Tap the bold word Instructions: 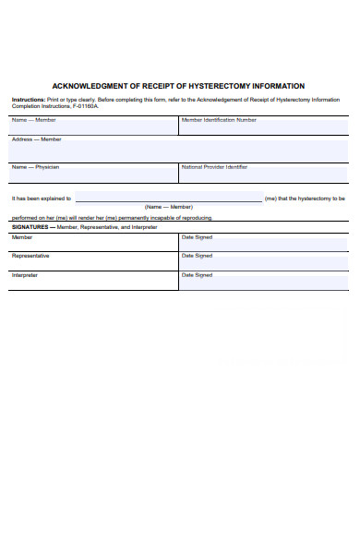28,99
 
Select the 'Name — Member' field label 33,120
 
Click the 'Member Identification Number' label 219,120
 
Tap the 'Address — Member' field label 36,139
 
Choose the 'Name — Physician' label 35,167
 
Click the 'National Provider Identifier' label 214,167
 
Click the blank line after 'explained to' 168,199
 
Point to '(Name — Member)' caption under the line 168,207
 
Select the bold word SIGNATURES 32,227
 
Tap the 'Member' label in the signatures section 21,237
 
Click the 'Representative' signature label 30,256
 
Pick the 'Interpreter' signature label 25,275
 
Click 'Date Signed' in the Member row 197,237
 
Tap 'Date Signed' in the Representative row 197,256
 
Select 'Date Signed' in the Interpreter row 197,275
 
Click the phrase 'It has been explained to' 41,199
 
